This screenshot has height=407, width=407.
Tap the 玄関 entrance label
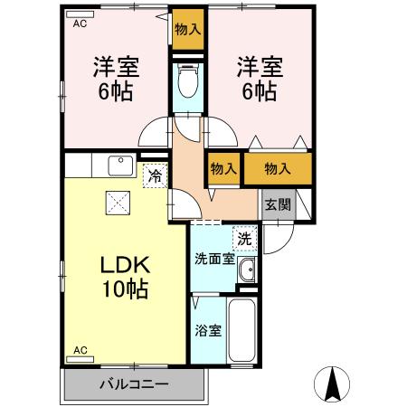(278, 204)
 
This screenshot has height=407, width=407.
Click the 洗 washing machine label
(243, 239)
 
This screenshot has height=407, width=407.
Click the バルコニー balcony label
(133, 384)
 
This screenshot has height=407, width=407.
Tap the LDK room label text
(123, 267)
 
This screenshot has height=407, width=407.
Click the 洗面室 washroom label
(214, 258)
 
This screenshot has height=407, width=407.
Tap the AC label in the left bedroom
(80, 24)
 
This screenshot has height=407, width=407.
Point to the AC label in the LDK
(80, 349)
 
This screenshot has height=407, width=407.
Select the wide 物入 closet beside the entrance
(278, 167)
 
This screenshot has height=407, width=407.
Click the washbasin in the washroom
(249, 270)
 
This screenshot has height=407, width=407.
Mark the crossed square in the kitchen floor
(117, 203)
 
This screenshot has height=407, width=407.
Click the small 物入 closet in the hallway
(223, 168)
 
